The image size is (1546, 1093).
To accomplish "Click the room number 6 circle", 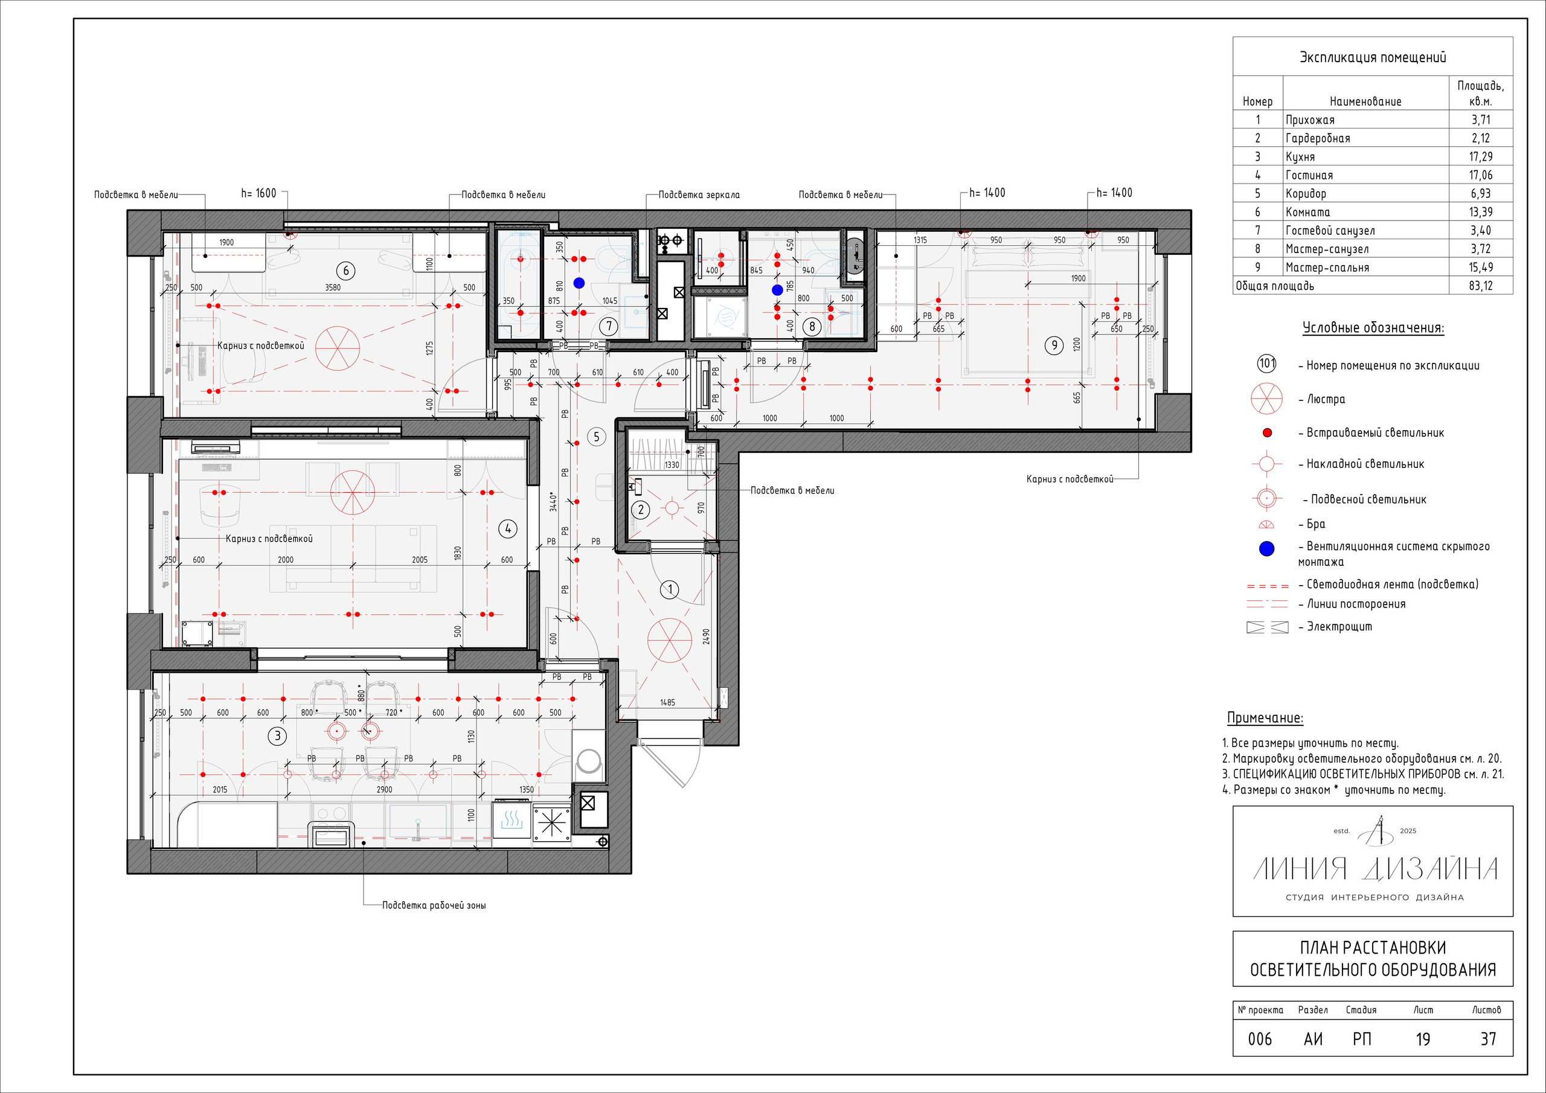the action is point(345,271).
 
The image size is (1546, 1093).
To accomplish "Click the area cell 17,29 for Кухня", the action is point(1481,156).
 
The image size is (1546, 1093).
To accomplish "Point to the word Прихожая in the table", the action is point(1310,120).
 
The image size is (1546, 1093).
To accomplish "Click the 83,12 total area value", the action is point(1481,286).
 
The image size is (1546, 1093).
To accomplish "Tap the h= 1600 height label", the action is point(258,193).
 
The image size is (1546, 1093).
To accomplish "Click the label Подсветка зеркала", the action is point(699,194).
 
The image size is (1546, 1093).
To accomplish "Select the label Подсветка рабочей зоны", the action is point(434,905).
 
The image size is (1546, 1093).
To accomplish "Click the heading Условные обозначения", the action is point(1374,328).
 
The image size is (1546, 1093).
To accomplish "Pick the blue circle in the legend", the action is point(1266,549).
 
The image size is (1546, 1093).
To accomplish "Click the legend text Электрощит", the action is point(1339,626).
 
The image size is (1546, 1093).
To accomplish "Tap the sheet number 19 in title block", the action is point(1423,1039).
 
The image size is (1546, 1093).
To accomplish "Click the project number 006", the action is point(1260,1039).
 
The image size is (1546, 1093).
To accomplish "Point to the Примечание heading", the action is point(1265,718).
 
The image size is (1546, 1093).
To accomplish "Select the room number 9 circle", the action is point(1054,345).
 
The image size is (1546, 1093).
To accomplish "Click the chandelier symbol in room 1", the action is point(669,641).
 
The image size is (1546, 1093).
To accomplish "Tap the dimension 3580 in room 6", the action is point(333,287).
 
